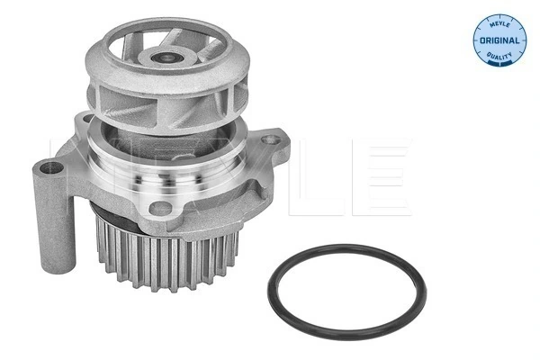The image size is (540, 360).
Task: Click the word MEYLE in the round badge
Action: [498, 21]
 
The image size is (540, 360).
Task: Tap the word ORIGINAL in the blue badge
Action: [498, 41]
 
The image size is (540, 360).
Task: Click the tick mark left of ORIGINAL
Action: [477, 41]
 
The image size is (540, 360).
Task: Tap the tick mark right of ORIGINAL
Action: [518, 41]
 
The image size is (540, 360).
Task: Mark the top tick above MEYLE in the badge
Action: [498, 11]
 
